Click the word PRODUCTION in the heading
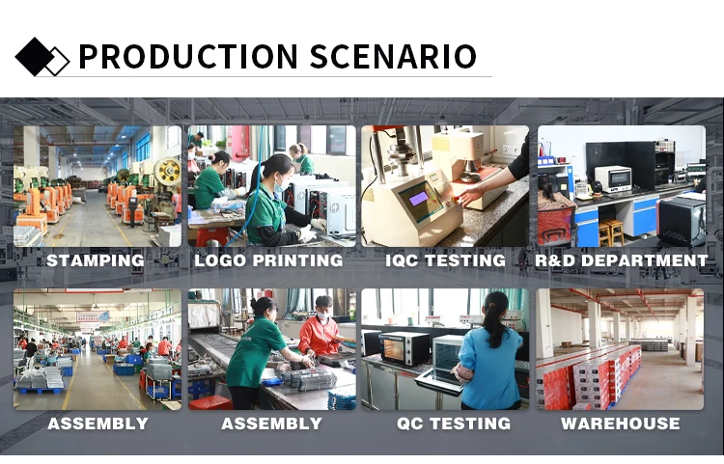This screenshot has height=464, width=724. click(x=188, y=56)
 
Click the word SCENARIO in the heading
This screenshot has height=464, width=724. click(x=393, y=56)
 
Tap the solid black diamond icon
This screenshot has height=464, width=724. click(x=34, y=57)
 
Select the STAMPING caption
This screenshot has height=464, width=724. click(x=96, y=260)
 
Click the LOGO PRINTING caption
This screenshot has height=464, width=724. click(x=268, y=260)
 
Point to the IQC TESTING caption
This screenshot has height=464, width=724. click(x=446, y=260)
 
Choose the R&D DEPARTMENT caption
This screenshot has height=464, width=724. click(x=621, y=260)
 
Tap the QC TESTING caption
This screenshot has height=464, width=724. click(x=454, y=423)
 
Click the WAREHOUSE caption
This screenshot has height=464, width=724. click(x=620, y=423)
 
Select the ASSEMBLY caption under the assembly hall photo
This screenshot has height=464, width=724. click(x=97, y=423)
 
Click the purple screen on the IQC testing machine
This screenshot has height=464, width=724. click(x=419, y=199)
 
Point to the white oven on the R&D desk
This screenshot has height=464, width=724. click(x=613, y=178)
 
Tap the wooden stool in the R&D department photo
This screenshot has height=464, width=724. click(x=611, y=232)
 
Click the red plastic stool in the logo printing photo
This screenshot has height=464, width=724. click(x=212, y=237)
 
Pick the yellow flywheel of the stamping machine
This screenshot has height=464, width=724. click(x=168, y=172)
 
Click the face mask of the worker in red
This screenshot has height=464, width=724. click(x=323, y=315)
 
